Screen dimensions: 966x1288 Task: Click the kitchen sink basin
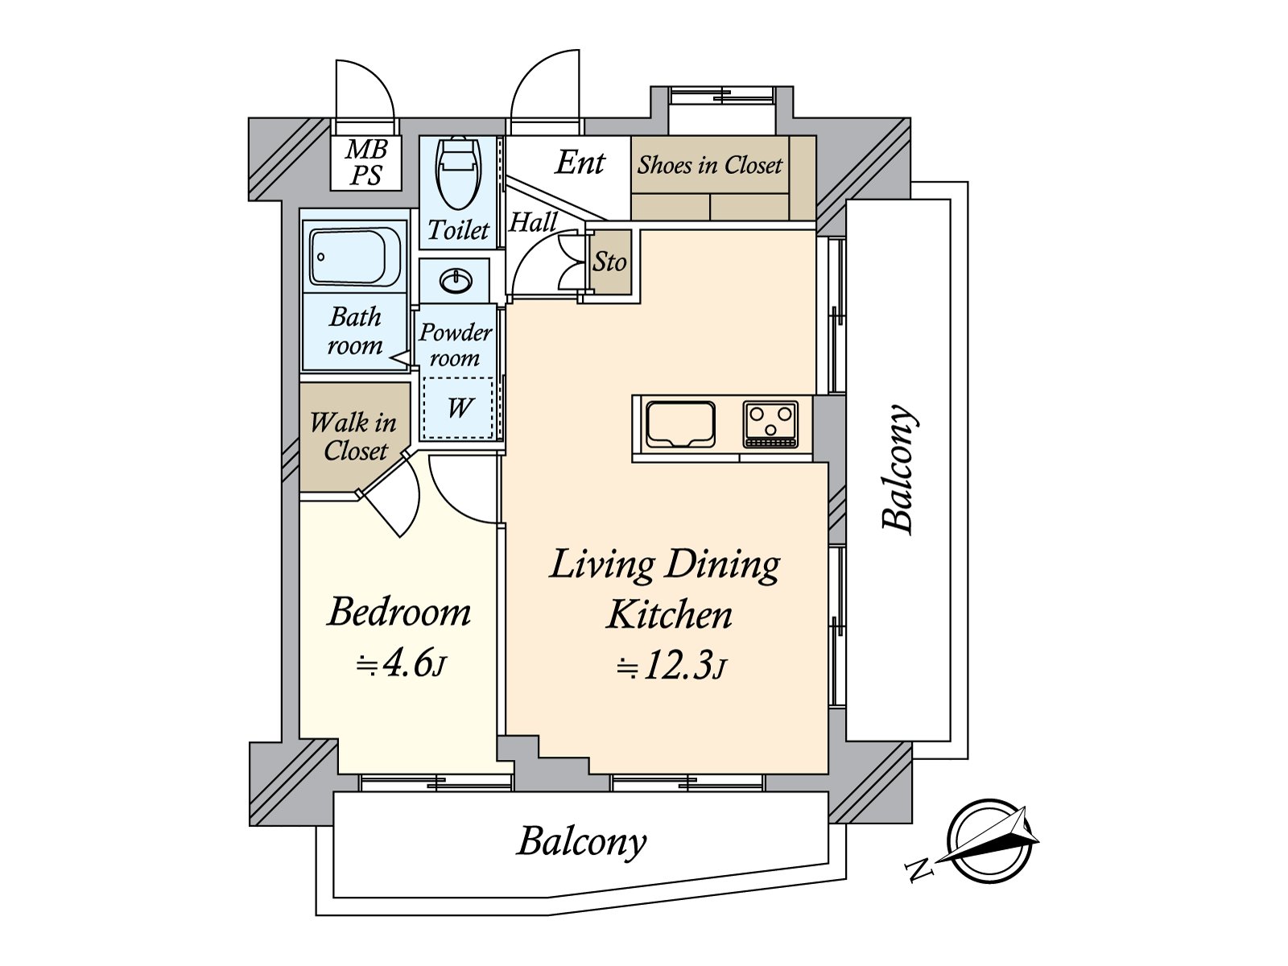coord(680,423)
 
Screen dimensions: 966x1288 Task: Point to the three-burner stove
coord(770,423)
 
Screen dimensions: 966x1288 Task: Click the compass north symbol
coord(991,841)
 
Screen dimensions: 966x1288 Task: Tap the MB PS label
coord(366,163)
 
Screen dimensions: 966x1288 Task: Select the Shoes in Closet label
coord(709,165)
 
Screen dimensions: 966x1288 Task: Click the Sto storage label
coord(609,262)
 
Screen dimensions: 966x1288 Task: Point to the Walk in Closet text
coord(354,436)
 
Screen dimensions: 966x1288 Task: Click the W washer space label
coord(459,407)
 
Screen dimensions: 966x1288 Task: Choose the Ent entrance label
coord(580,163)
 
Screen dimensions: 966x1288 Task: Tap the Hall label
coord(533,222)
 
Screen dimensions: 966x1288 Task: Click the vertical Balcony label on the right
coord(898,469)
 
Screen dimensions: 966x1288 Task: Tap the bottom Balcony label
coord(581,842)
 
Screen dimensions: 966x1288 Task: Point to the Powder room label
coord(456,345)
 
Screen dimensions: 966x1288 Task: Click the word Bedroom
coord(399,612)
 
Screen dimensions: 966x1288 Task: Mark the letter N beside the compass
coord(919,869)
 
